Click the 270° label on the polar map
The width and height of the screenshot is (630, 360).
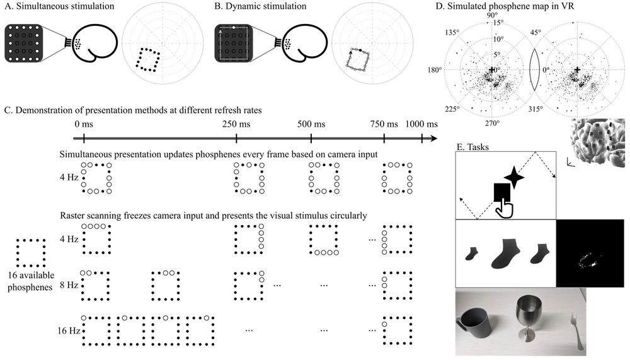492,123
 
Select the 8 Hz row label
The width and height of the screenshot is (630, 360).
68,285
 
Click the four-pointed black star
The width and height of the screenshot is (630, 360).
513,178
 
